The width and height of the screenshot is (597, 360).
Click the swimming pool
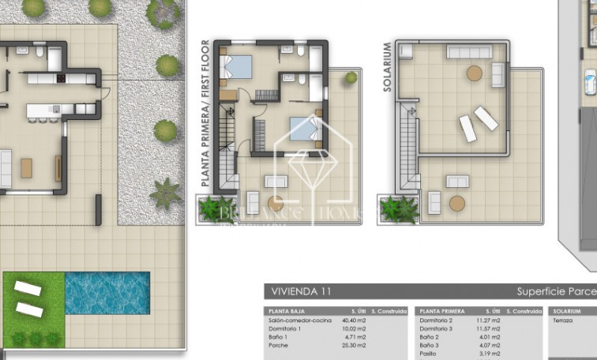107,293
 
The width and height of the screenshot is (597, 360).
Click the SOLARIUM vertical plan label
388,67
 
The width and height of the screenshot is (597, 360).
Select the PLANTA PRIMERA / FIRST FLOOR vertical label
206,113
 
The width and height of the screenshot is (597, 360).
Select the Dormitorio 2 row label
439,321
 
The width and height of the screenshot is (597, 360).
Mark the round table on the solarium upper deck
474,73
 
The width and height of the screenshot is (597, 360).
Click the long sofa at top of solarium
470,51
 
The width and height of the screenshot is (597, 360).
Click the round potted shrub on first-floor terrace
351,77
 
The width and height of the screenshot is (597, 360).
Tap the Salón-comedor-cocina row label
300,321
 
